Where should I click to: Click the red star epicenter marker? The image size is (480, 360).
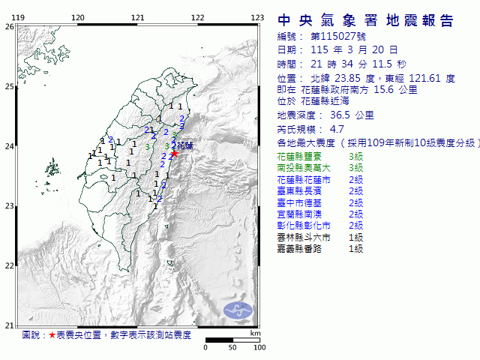pos(175,154)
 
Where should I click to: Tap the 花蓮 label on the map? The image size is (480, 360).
pos(184,147)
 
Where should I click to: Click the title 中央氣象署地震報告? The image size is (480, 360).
pos(365,20)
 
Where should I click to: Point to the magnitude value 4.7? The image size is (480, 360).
pos(317,129)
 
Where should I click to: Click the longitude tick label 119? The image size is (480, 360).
pos(18,17)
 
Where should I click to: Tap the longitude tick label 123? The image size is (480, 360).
pos(256,17)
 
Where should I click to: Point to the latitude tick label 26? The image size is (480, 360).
pos(9,27)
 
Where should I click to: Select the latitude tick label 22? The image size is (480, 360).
pos(9,265)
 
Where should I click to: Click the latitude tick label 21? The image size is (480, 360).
pos(9,325)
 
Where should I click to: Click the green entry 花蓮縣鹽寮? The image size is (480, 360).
pos(296,157)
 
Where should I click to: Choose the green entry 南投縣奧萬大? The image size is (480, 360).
pos(299,168)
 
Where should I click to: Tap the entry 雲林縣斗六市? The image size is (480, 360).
pos(299,237)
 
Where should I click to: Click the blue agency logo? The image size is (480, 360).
pos(239,309)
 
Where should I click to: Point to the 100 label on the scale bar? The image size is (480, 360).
pos(259,347)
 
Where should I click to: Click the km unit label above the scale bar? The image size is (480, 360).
pos(255,332)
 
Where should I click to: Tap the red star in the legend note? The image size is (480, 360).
pos(52,335)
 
